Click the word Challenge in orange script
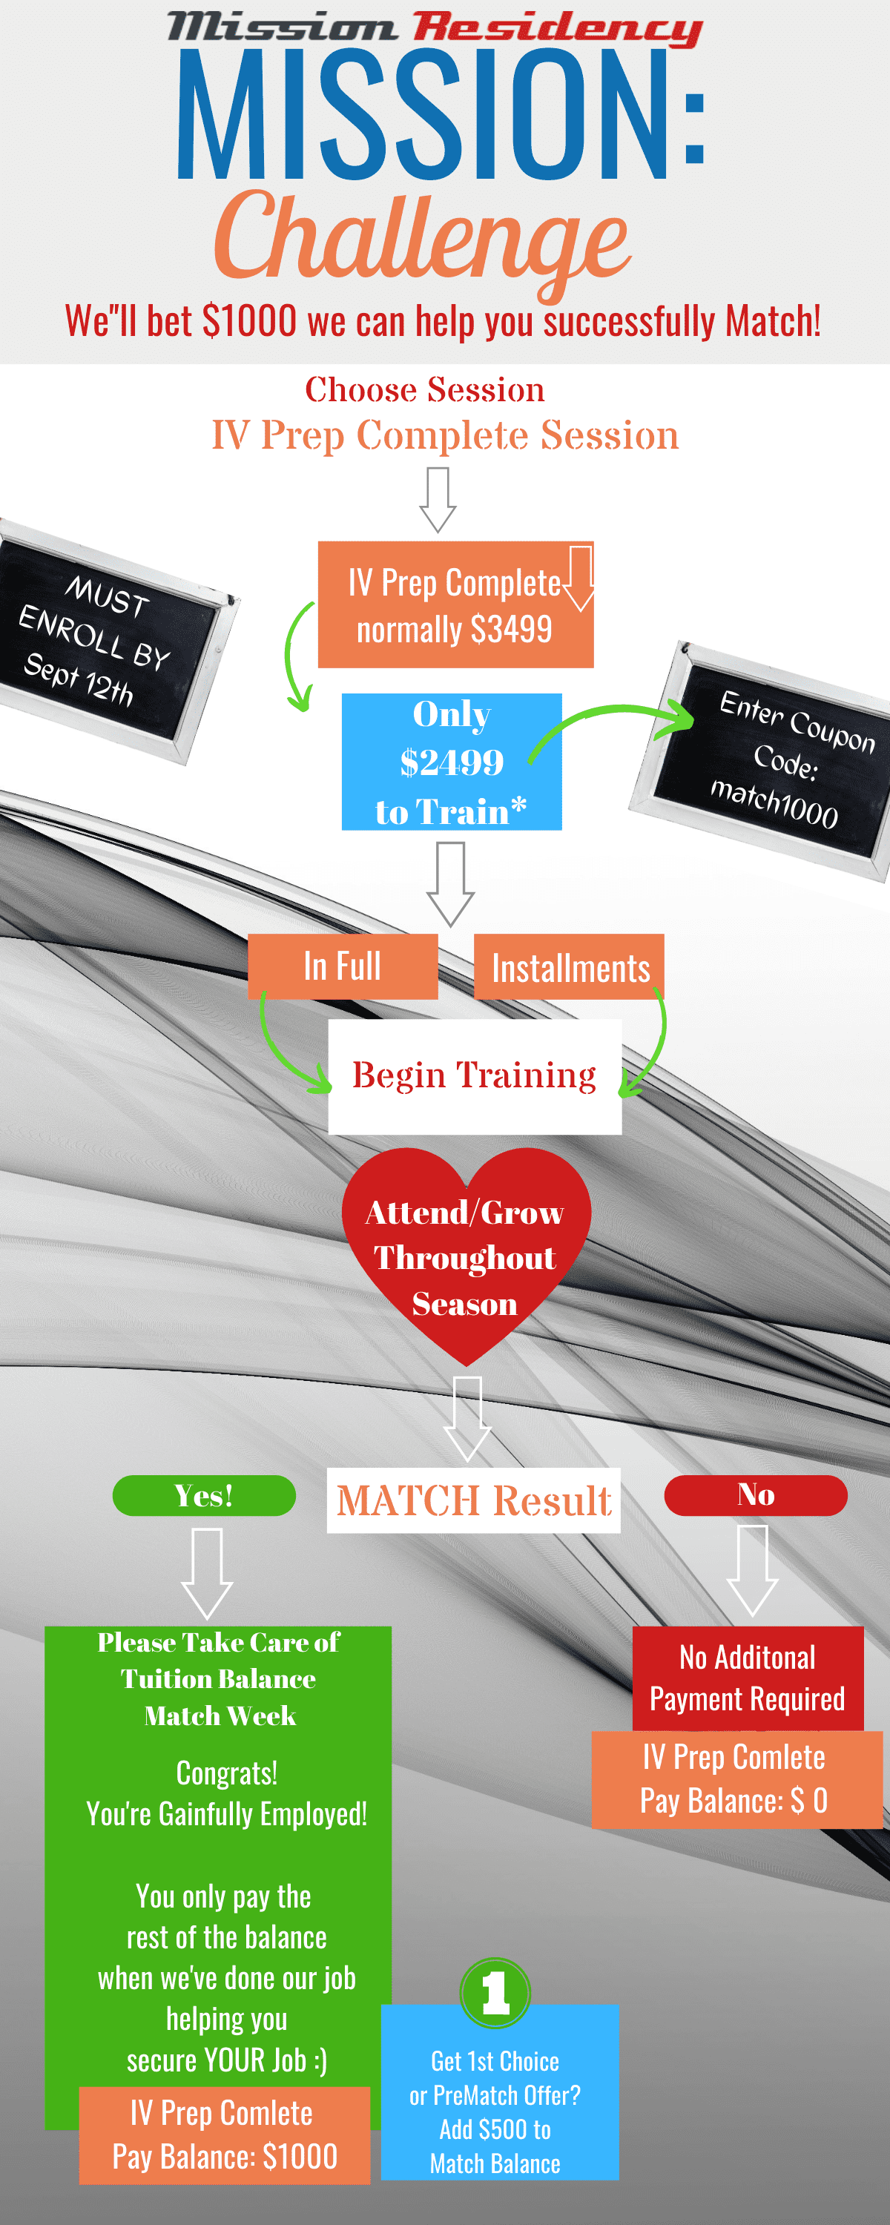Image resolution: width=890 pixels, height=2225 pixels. [x=423, y=237]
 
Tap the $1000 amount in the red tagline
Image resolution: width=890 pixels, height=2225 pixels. [x=249, y=321]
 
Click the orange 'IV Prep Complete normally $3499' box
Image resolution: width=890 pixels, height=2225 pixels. [x=455, y=605]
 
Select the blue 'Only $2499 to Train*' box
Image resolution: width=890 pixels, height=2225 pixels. [x=451, y=762]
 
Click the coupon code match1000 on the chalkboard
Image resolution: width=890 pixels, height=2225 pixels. [x=774, y=803]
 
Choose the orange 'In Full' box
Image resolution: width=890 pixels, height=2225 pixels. [x=342, y=966]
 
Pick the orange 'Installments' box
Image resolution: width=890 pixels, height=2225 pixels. [x=570, y=967]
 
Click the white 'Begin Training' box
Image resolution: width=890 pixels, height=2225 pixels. [x=475, y=1076]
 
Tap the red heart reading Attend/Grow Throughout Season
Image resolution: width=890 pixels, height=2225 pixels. [x=466, y=1256]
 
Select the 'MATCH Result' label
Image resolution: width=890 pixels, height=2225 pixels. [x=473, y=1500]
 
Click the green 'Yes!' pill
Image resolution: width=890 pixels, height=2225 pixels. [x=204, y=1495]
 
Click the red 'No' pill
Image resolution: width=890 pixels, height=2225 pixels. [x=755, y=1495]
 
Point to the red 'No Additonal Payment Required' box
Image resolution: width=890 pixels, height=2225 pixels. [x=748, y=1678]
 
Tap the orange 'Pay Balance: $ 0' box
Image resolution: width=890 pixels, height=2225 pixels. [x=736, y=1779]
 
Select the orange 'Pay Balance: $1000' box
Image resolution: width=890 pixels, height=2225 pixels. [x=225, y=2135]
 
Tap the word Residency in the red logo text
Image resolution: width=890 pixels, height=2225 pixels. [x=556, y=27]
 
